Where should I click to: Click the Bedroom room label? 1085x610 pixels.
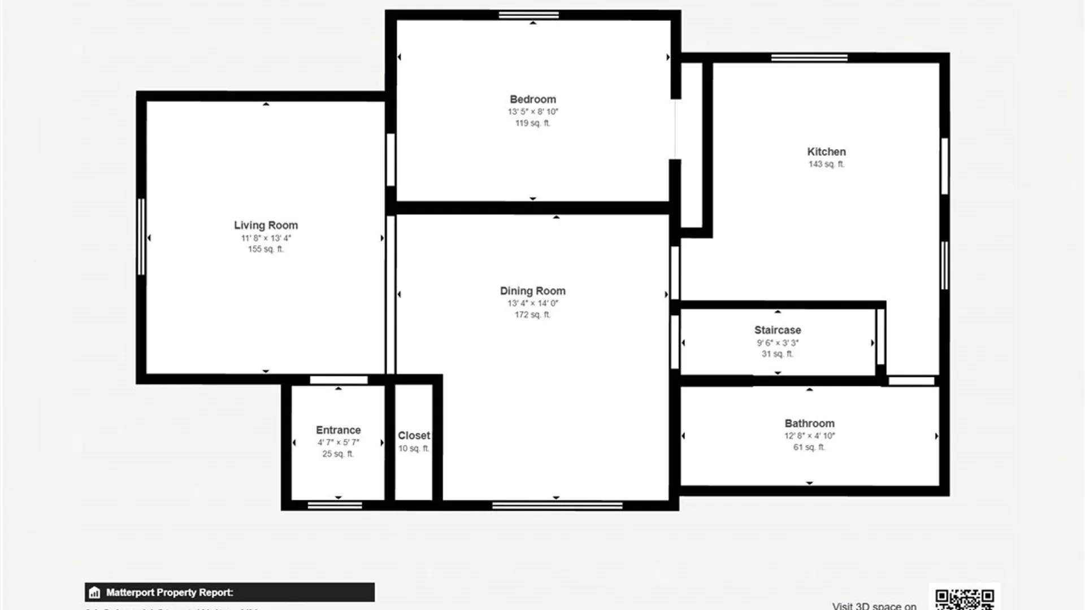(x=532, y=99)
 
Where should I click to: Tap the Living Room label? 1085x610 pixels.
(x=266, y=225)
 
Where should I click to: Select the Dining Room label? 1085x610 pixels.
(x=532, y=291)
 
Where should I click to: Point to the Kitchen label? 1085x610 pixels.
(x=826, y=152)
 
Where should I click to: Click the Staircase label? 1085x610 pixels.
(x=778, y=330)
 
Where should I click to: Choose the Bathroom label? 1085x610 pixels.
(x=809, y=424)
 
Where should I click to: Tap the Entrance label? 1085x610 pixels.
(x=338, y=430)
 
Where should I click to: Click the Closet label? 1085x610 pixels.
(x=414, y=435)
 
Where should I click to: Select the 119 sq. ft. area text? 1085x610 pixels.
(x=532, y=123)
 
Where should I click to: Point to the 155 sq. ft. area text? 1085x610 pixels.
(x=266, y=249)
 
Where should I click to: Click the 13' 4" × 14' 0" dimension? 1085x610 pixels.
(x=532, y=303)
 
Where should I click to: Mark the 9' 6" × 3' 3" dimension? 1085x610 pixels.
(x=778, y=343)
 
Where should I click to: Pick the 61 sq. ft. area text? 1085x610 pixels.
(x=809, y=447)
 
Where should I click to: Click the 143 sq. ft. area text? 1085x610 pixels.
(x=826, y=164)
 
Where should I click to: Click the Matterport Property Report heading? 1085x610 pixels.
(x=170, y=592)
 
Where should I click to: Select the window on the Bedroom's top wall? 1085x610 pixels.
(x=528, y=15)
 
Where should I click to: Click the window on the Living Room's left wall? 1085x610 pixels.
(x=141, y=237)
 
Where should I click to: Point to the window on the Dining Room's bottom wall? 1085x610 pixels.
(x=557, y=506)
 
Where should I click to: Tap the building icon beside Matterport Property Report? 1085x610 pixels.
(x=94, y=592)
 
